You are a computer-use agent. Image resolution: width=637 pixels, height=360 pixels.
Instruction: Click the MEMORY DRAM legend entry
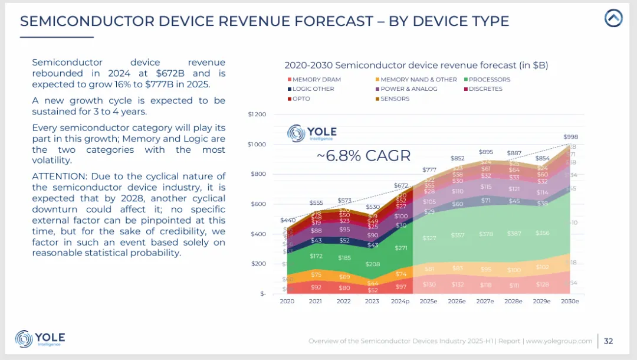tap(316, 80)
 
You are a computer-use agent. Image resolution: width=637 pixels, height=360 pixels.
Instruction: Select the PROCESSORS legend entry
tap(489, 80)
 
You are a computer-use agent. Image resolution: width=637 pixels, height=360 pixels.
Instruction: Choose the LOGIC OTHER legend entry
tap(313, 89)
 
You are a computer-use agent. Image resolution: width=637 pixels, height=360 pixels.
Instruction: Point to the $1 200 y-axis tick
tap(258, 114)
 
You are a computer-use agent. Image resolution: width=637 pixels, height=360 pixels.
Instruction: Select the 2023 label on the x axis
tap(372, 301)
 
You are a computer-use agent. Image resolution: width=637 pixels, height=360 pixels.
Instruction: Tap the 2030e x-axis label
tap(569, 301)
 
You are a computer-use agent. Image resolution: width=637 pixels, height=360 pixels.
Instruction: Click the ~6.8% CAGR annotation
tap(364, 156)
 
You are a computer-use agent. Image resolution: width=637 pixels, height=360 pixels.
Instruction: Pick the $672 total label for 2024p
tap(401, 185)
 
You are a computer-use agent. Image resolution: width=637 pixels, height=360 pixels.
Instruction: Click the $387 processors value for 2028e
tap(514, 234)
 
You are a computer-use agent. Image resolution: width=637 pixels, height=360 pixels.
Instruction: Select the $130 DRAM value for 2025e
tap(429, 284)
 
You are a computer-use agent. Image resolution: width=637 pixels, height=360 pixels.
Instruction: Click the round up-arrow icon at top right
tap(613, 18)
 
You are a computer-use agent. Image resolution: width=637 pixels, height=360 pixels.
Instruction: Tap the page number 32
tap(609, 341)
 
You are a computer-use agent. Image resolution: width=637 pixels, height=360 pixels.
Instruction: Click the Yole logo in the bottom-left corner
tap(40, 339)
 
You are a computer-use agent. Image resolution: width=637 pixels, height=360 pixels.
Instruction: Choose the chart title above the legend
tap(416, 65)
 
